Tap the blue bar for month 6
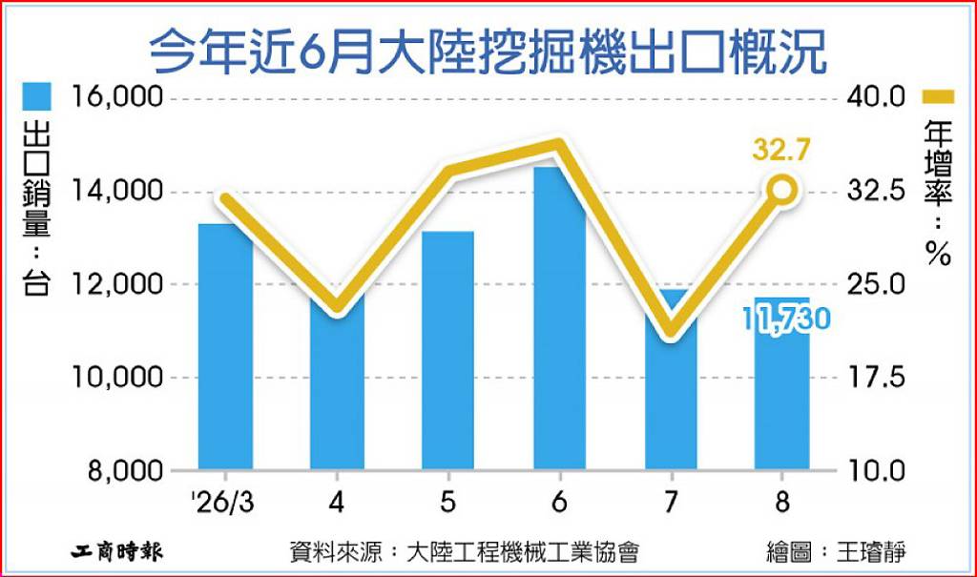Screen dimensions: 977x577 [559, 318]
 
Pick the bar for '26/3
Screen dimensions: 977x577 [225, 346]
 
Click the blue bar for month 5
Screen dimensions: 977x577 [448, 350]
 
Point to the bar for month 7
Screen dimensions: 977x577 [671, 379]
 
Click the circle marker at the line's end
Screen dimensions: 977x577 [781, 190]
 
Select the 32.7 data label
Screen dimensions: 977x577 [781, 150]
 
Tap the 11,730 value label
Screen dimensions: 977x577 [786, 320]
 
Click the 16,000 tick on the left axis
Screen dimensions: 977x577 [117, 97]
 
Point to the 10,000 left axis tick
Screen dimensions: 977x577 [117, 377]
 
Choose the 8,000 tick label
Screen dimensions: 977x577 [125, 471]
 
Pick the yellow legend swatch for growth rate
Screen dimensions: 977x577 [937, 96]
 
